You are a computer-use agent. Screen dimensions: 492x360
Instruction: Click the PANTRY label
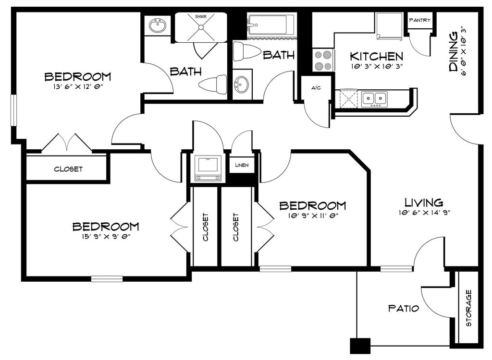[x=420, y=20]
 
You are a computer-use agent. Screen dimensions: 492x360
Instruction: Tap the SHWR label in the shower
[x=201, y=17]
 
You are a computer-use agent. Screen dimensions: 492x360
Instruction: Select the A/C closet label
[x=316, y=88]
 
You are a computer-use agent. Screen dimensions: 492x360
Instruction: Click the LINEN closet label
[x=242, y=165]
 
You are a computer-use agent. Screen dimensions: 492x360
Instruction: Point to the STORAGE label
[x=469, y=308]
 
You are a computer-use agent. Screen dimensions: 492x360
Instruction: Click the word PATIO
[x=404, y=308]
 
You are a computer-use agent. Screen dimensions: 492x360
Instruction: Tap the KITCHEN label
[x=377, y=57]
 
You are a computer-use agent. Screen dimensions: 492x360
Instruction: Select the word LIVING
[x=424, y=202]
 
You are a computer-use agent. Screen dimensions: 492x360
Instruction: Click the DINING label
[x=453, y=52]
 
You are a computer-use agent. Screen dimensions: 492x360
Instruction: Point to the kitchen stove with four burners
[x=323, y=60]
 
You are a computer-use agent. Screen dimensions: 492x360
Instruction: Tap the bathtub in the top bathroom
[x=271, y=25]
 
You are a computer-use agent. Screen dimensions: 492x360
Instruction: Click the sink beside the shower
[x=158, y=26]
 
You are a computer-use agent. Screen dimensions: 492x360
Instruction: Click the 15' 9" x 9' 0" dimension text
[x=106, y=236]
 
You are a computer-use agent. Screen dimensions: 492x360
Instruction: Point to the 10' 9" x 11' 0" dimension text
[x=313, y=215]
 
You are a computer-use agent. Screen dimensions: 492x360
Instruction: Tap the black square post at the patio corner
[x=360, y=346]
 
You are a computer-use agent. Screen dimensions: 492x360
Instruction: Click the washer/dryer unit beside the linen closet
[x=208, y=168]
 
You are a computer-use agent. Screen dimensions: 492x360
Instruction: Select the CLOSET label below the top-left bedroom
[x=68, y=169]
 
